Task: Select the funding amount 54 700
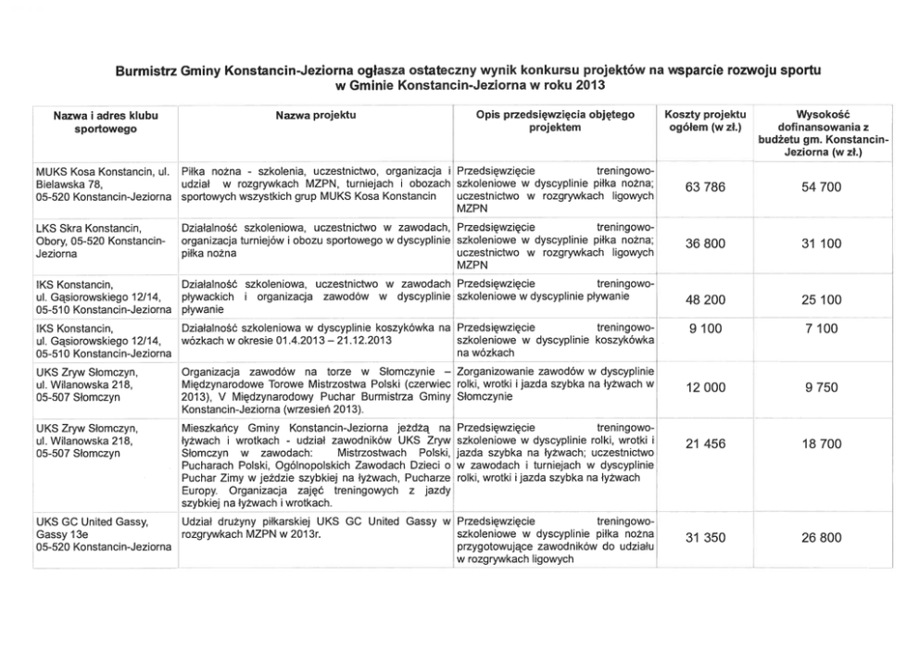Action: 821,188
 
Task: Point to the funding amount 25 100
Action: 821,299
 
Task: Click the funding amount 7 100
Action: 821,328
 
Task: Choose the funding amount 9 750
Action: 821,390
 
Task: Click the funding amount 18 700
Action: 821,444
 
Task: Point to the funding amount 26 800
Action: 821,537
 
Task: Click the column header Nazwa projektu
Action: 316,116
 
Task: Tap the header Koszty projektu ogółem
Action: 706,121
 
